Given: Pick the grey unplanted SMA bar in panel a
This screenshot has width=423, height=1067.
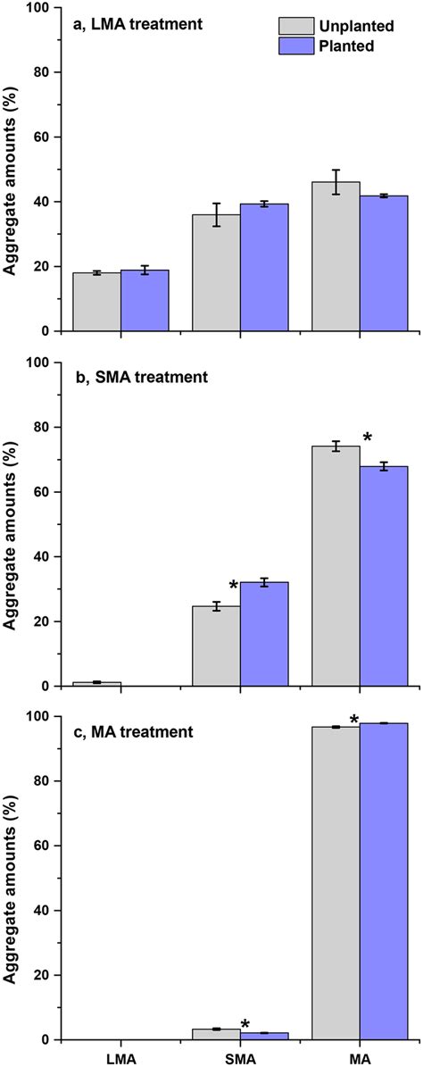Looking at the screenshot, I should (216, 273).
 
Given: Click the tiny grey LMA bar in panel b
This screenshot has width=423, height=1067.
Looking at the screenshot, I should (96, 684).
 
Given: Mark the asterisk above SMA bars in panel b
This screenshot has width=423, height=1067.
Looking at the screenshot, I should (234, 586).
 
